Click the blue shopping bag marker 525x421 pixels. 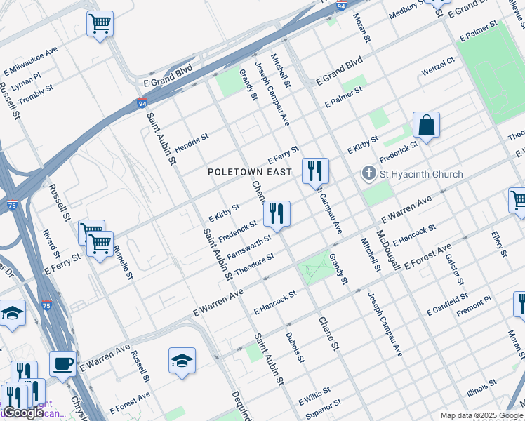click(x=426, y=126)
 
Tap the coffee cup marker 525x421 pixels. click(x=63, y=364)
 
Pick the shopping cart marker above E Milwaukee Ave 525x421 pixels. click(x=100, y=23)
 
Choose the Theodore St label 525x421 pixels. click(x=254, y=266)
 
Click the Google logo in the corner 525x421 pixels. click(x=23, y=412)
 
